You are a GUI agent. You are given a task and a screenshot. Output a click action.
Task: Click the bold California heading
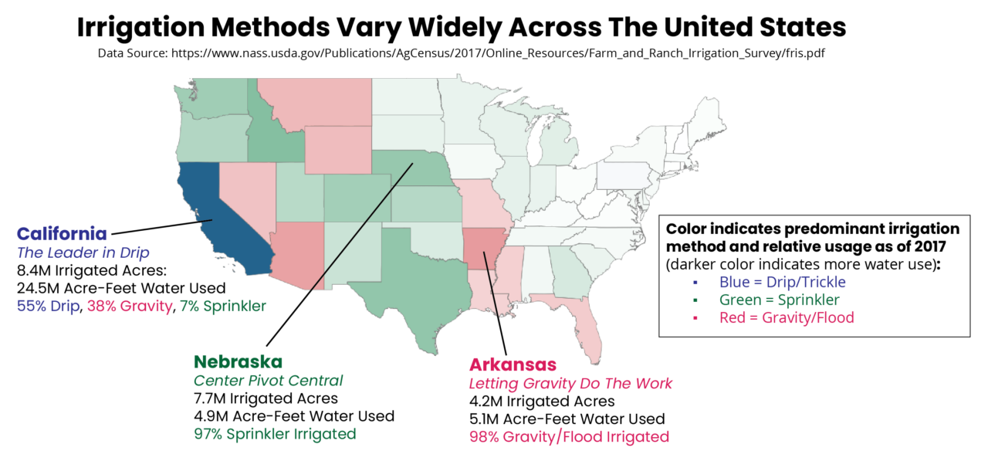point(62,233)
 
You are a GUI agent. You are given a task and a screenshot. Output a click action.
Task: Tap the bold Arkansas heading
point(513,364)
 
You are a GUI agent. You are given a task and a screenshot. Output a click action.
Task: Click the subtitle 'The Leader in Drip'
point(83,253)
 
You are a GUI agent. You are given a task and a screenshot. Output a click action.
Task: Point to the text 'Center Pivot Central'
point(268,381)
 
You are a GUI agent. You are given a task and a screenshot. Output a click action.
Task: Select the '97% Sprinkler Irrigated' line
point(275,434)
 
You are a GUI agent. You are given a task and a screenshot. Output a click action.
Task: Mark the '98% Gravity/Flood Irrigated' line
point(569,437)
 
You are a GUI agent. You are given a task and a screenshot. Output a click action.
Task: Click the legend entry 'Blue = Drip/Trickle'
point(782,282)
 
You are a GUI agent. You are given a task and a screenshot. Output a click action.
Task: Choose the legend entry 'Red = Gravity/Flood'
point(786,317)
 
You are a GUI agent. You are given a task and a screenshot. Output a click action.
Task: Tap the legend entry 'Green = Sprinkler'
point(779,300)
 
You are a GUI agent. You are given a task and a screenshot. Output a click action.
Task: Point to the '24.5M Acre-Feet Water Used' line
point(120,288)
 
